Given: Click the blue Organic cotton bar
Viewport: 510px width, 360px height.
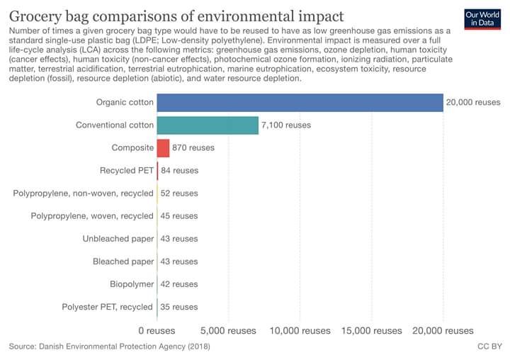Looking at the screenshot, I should [x=300, y=102].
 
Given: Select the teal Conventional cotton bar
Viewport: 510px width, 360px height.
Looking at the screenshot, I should [x=208, y=125].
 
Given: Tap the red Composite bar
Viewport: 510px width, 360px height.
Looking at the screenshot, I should [x=163, y=148].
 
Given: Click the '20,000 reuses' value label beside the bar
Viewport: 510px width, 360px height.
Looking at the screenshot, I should [x=473, y=103].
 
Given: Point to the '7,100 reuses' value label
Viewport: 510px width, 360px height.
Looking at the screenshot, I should [x=286, y=125].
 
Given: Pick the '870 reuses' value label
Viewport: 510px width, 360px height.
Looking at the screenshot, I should [x=193, y=148].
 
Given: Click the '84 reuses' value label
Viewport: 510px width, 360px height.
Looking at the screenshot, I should [x=179, y=171].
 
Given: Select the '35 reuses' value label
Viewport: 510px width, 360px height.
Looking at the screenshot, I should [x=179, y=307].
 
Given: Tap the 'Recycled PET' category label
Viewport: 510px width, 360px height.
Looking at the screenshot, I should [x=127, y=171].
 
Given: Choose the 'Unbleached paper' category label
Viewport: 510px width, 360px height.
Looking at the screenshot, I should [x=118, y=239].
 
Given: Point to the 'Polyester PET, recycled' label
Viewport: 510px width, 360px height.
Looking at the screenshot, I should [x=108, y=307].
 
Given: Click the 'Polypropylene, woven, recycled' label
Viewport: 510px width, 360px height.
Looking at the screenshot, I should [x=93, y=216].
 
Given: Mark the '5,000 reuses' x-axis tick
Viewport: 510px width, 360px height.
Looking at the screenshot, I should [x=227, y=330].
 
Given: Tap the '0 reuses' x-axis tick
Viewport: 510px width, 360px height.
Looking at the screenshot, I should [x=156, y=330].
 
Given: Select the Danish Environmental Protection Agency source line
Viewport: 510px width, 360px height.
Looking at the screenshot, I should [x=109, y=347].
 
